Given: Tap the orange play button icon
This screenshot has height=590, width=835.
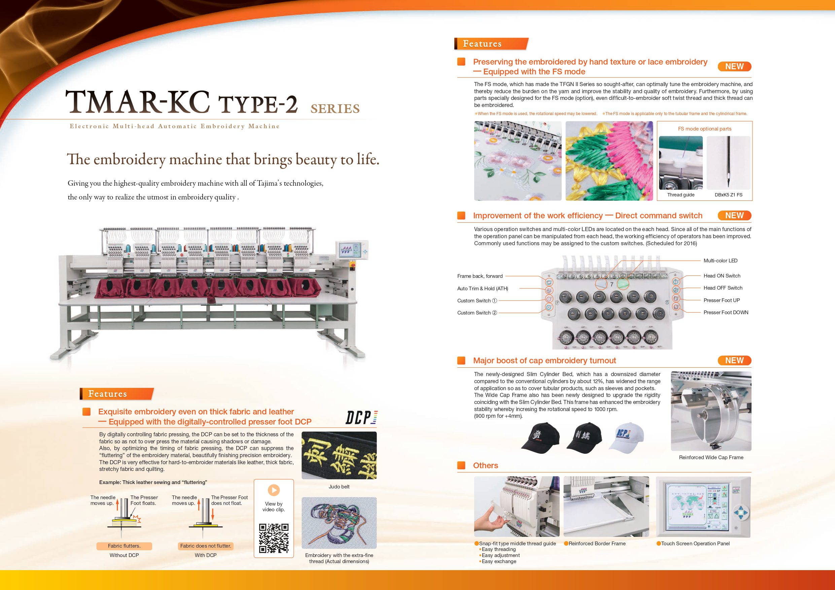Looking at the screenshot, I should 274,490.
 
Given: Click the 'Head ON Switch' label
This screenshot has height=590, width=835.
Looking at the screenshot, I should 722,276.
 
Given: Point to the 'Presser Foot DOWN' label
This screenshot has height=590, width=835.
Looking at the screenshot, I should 726,312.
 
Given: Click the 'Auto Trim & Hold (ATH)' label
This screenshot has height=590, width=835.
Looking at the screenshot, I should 482,289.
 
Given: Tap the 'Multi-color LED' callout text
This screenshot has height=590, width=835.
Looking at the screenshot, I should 720,261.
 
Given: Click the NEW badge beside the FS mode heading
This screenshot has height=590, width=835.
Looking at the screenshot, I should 734,67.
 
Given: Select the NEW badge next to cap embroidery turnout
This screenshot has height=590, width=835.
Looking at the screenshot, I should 734,360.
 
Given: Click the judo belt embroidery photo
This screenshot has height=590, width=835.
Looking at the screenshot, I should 339,455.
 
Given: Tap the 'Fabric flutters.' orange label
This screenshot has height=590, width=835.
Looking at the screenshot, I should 124,546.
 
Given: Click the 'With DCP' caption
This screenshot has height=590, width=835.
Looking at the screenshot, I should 206,555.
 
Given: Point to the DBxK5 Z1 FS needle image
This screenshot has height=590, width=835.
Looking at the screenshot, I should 728,162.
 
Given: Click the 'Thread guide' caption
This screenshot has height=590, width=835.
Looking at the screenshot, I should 681,195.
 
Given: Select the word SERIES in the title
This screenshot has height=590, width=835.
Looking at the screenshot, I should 335,109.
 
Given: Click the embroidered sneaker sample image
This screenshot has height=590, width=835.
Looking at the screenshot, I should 339,523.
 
